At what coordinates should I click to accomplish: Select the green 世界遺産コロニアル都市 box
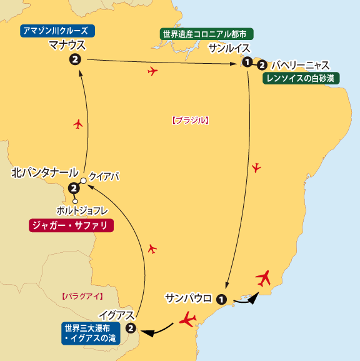[207, 34]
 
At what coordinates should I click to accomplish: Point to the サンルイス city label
[229, 48]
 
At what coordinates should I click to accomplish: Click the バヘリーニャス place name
[300, 64]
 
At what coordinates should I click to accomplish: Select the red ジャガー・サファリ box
[71, 225]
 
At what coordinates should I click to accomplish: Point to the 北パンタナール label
[45, 173]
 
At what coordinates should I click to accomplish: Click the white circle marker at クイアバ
[83, 181]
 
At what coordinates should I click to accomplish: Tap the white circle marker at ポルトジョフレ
[74, 201]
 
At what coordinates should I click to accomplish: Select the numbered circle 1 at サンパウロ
[220, 299]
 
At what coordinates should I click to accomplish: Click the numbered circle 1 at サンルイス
[248, 63]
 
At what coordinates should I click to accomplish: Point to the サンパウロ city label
[189, 297]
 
